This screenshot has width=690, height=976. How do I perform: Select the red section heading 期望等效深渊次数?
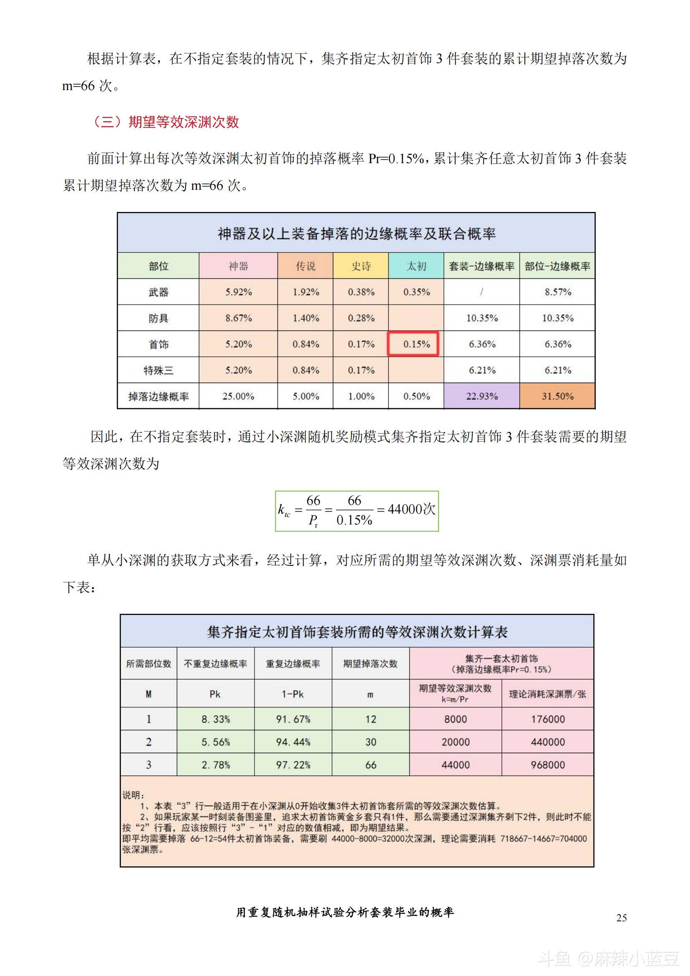166,122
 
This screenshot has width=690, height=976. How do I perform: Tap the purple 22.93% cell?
481,396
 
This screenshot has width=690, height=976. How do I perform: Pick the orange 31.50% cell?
557,396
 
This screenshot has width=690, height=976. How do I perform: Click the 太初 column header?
416,266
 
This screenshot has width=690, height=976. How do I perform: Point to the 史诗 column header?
361,266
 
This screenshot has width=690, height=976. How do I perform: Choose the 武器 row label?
159,292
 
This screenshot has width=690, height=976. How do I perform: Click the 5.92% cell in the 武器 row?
238,292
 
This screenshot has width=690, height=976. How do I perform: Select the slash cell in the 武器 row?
481,292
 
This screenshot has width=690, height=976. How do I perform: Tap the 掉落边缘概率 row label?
159,396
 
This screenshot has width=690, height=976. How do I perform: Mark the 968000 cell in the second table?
548,765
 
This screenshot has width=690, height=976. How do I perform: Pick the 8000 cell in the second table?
456,719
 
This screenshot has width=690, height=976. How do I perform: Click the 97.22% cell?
293,765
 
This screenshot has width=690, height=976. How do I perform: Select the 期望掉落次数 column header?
370,663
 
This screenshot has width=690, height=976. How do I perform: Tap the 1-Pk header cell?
293,694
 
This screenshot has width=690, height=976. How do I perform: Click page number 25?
622,918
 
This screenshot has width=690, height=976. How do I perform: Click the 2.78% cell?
216,765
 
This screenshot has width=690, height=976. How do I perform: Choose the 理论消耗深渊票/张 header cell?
548,694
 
